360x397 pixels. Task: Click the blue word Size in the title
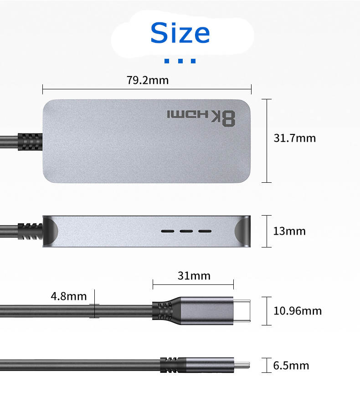pos(180,33)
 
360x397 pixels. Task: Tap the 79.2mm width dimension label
pos(148,80)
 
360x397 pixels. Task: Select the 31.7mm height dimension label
pos(295,138)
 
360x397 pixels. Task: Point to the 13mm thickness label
pos(289,231)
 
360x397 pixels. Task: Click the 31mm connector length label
pos(194,276)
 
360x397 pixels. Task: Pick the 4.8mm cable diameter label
pos(69,296)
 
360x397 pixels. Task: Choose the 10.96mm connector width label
pos(298,311)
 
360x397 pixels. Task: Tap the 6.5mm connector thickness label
pos(291,366)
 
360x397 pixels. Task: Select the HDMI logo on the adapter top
pos(188,114)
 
